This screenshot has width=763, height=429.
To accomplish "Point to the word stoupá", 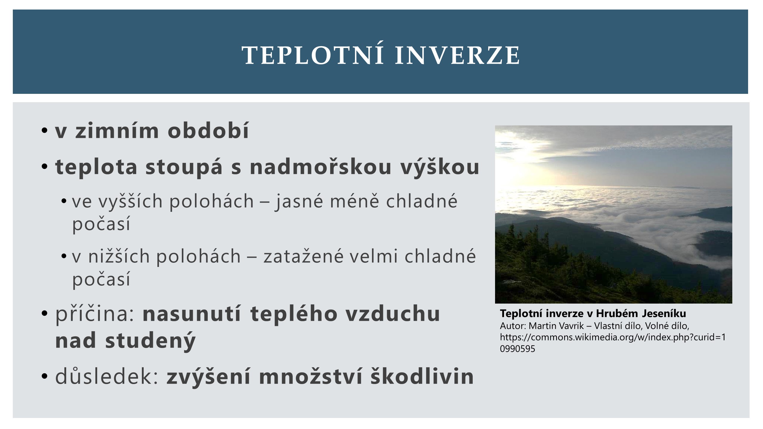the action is [x=184, y=167].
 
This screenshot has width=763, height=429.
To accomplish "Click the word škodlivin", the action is [x=422, y=376].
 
